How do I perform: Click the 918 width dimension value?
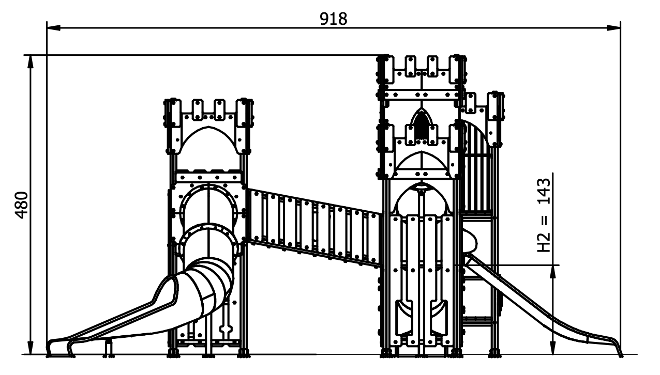[333, 19]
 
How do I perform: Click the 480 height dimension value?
[22, 205]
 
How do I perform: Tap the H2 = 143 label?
[544, 215]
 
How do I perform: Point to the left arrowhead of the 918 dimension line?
[54, 28]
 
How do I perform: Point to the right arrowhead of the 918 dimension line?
[613, 28]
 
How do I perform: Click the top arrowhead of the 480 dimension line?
[31, 62]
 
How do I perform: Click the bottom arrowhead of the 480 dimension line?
[31, 348]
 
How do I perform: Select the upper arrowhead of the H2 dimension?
[553, 272]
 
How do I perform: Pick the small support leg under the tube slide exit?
[109, 348]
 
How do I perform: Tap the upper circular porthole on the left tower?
[208, 206]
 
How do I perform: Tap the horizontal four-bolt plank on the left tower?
[208, 178]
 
